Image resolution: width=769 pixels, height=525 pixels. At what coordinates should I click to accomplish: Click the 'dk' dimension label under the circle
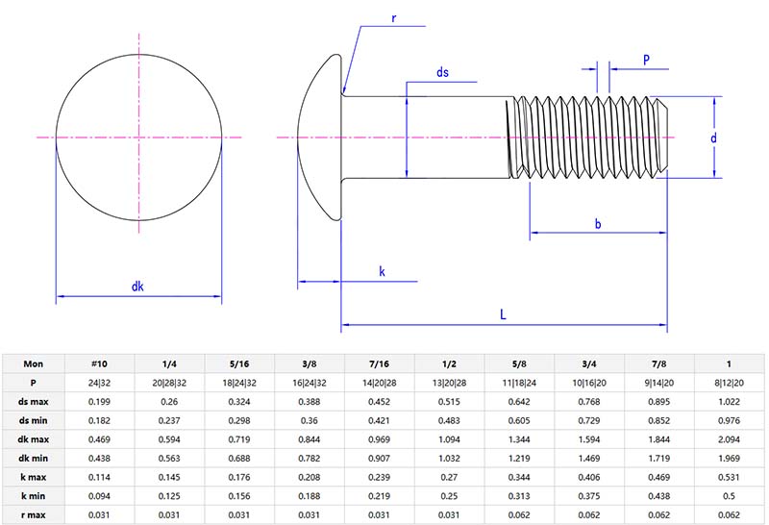[138, 286]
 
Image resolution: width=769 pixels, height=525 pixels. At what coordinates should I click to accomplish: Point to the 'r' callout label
[395, 19]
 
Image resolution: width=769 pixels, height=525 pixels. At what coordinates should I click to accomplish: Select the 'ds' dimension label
[442, 72]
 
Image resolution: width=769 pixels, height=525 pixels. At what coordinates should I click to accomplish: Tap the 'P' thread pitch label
[646, 60]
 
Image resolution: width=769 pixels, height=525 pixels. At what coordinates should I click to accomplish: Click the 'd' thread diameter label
[713, 137]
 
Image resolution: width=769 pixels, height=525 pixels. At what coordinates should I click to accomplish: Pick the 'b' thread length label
[598, 224]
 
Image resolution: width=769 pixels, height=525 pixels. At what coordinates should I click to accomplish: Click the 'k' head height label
[382, 272]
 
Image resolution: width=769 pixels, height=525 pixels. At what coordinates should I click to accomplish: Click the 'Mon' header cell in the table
[33, 364]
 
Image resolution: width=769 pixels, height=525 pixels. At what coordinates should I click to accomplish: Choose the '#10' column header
[98, 364]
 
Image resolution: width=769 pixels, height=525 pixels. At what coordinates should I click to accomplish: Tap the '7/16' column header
[379, 364]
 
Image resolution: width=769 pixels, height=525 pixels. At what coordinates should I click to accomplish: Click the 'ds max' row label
[33, 402]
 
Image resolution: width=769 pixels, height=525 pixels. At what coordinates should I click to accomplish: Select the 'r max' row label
[33, 514]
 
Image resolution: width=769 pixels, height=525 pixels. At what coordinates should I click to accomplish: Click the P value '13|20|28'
[449, 383]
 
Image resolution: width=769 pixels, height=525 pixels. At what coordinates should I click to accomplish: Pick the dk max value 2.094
[730, 439]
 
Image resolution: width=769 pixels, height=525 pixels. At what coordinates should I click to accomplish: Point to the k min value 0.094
[98, 495]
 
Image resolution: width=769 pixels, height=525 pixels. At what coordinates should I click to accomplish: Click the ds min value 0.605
[519, 420]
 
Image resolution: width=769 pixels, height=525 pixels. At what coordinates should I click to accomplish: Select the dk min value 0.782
[309, 458]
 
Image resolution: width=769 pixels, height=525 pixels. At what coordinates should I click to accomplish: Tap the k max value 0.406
[589, 477]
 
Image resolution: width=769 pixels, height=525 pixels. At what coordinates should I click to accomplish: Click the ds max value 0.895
[659, 402]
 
